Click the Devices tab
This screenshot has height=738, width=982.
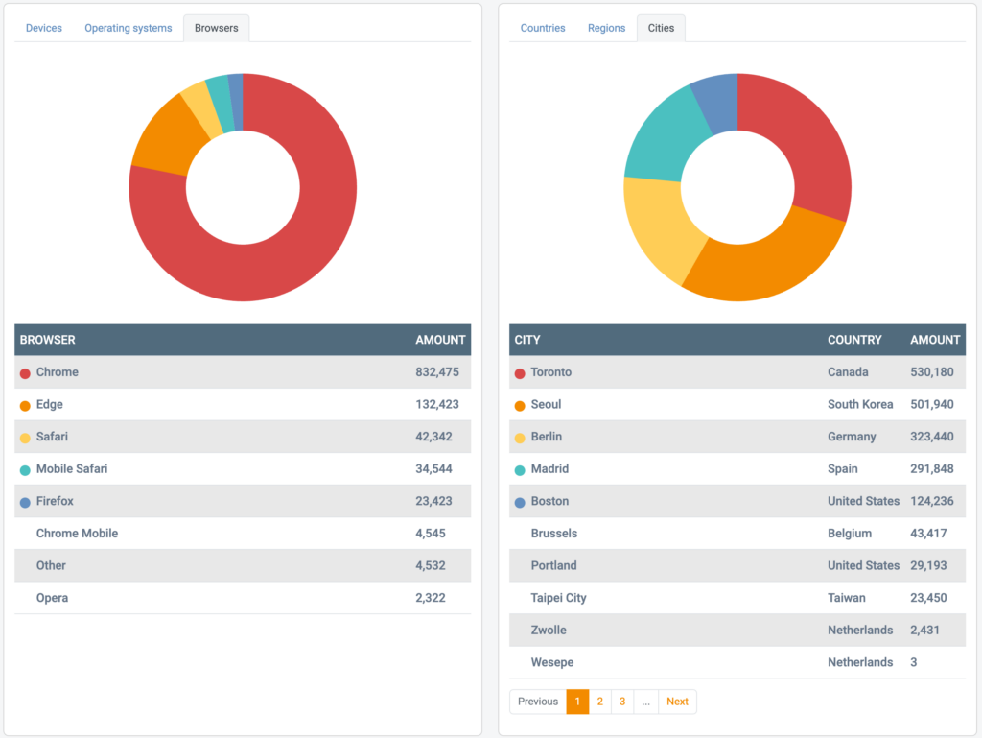pyautogui.click(x=44, y=28)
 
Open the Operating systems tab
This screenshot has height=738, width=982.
pyautogui.click(x=129, y=28)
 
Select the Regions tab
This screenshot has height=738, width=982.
pyautogui.click(x=606, y=28)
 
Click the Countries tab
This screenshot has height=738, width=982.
pyautogui.click(x=543, y=28)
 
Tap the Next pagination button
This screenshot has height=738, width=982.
pyautogui.click(x=677, y=702)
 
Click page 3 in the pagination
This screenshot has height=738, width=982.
pyautogui.click(x=622, y=702)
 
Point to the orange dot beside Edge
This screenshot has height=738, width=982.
pyautogui.click(x=25, y=405)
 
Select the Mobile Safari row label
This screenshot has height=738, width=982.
pyautogui.click(x=72, y=469)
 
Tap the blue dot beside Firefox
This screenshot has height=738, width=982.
pyautogui.click(x=25, y=502)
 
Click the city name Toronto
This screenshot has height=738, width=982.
pyautogui.click(x=551, y=372)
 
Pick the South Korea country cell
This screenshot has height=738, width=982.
pyautogui.click(x=860, y=405)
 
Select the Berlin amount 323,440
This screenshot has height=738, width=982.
pyautogui.click(x=931, y=437)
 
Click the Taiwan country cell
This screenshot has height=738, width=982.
pyautogui.click(x=847, y=598)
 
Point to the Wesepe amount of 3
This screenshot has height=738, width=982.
pyautogui.click(x=914, y=662)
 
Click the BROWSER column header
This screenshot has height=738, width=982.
pyautogui.click(x=48, y=340)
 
